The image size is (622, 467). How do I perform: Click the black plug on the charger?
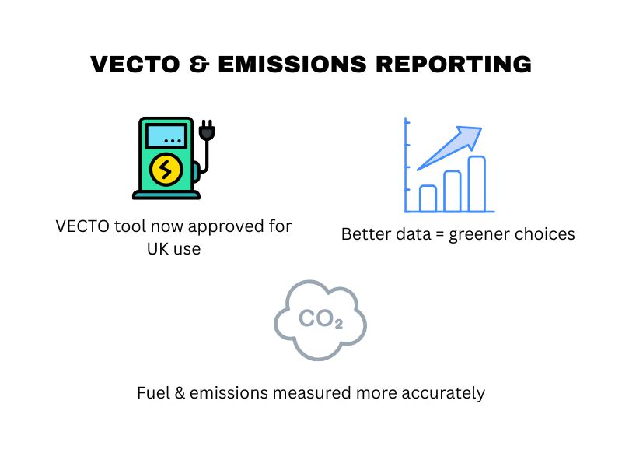pos(206,133)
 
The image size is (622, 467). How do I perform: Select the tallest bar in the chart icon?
pos(477,184)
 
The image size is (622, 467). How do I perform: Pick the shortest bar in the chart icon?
pos(428,198)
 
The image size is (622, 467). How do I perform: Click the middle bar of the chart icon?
pos(453,191)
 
